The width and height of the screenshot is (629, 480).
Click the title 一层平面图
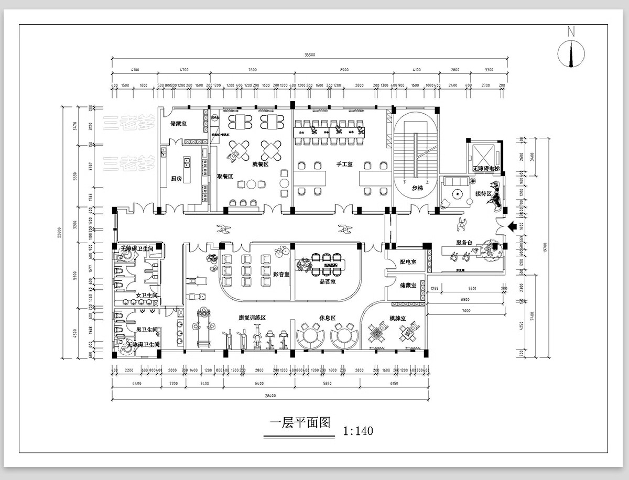coord(300,423)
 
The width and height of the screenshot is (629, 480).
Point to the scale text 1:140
coord(358,431)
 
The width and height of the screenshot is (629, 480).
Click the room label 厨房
coord(177,179)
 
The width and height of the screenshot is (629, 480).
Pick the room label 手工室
coord(344,164)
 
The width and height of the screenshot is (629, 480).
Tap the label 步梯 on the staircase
coord(417,188)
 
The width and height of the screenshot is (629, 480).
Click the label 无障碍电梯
coord(486,169)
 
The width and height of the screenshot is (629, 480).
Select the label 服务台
coord(465,243)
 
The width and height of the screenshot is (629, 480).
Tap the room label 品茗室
coord(327,281)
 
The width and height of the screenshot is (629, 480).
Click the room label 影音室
coord(281,274)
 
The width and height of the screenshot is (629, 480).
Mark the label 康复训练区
coord(253,318)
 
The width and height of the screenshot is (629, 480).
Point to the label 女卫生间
coord(146,296)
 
